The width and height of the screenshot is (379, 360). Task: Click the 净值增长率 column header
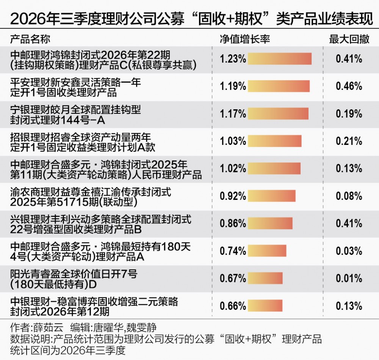click(x=244, y=39)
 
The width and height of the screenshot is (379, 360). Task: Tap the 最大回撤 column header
click(x=349, y=39)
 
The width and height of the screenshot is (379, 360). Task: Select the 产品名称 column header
click(x=30, y=39)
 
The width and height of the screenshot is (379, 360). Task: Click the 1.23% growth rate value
click(x=233, y=59)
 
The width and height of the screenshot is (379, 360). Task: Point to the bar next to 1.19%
click(x=279, y=86)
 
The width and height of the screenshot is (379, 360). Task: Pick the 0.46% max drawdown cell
click(x=349, y=86)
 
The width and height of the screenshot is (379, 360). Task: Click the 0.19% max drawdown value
click(x=349, y=114)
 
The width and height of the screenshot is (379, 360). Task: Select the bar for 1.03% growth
click(x=274, y=141)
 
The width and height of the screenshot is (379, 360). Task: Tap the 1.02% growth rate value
click(x=233, y=168)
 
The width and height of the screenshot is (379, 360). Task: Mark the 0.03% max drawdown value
click(x=349, y=251)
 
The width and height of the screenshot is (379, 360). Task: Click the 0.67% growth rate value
click(x=233, y=278)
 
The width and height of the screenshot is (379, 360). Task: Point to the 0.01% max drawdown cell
click(x=349, y=278)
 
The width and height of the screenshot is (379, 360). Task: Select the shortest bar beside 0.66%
click(x=265, y=306)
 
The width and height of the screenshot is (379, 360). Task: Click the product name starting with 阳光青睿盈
click(x=74, y=279)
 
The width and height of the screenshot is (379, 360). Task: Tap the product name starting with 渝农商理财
click(x=91, y=197)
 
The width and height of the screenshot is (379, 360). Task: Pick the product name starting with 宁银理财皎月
click(x=75, y=115)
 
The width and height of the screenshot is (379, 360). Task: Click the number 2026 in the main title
click(x=28, y=18)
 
